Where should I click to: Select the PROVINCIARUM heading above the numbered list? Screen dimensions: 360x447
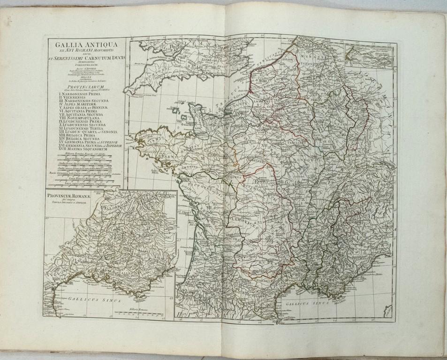(x=83, y=87)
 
